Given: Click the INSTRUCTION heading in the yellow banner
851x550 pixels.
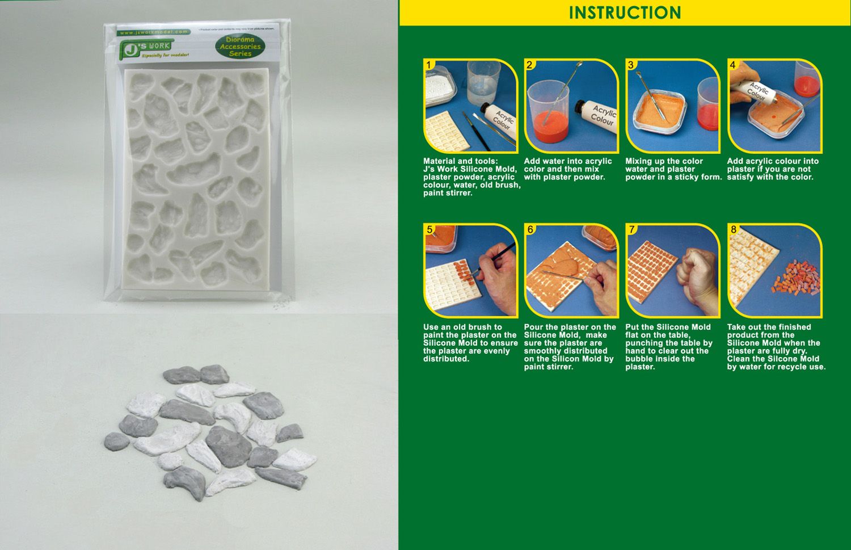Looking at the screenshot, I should [625, 13].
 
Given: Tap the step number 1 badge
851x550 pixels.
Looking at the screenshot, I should [429, 65].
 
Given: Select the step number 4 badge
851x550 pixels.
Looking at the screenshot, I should [732, 65].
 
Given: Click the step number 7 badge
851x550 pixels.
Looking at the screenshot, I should [631, 229].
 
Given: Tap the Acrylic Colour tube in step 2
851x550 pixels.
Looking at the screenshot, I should [597, 117].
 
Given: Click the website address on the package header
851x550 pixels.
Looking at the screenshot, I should [154, 32].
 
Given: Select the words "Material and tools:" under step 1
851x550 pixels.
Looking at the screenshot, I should [460, 161].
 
